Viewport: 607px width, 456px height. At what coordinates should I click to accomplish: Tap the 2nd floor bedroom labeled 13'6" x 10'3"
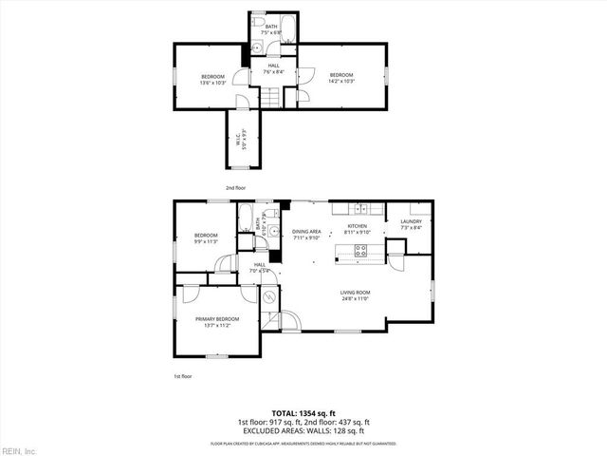pos(212,79)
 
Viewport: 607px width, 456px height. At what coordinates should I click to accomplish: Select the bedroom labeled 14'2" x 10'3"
pos(341,78)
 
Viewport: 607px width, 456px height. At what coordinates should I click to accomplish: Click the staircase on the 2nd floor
pos(271,97)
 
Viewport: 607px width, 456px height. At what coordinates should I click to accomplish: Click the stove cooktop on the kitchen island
pos(361,251)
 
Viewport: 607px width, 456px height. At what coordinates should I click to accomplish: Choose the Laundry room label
pos(410,224)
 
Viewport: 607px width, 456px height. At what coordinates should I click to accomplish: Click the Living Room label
pos(356,295)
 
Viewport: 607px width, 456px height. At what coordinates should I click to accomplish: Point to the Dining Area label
pos(306,234)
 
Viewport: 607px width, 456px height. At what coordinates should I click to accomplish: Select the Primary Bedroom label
pos(217,321)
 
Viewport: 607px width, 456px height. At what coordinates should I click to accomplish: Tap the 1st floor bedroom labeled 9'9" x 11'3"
pos(206,237)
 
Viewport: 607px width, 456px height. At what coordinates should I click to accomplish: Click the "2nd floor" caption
pos(236,188)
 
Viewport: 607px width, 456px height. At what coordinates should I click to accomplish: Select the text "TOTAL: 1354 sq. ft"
pos(303,414)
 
